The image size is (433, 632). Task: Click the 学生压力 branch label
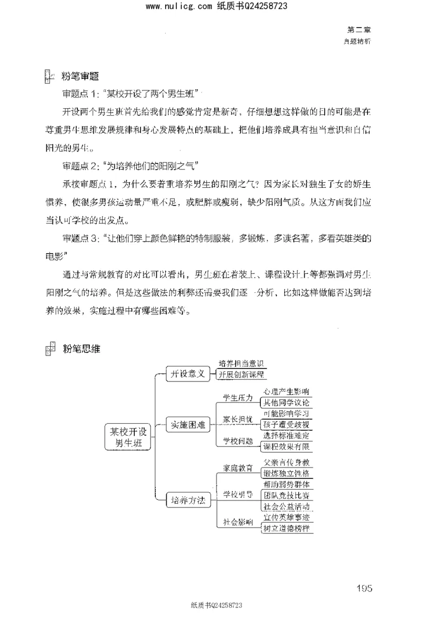pos(238,398)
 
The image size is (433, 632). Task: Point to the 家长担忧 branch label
pos(238,419)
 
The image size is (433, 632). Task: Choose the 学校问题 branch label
pos(238,441)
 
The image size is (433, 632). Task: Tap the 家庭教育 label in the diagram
pos(238,468)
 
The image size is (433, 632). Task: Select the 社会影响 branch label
pos(238,522)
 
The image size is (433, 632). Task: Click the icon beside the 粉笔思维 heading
pos(50,348)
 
